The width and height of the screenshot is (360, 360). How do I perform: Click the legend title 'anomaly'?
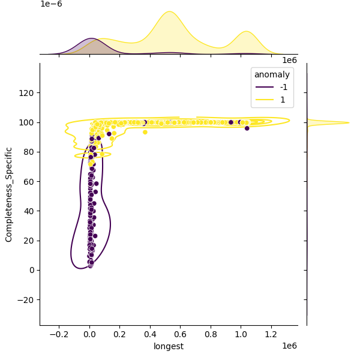pos(272,75)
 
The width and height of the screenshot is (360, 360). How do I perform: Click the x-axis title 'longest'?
pos(169,346)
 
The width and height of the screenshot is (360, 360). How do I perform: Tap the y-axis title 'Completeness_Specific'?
pos(9,194)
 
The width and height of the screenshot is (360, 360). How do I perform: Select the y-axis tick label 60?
pos(29,181)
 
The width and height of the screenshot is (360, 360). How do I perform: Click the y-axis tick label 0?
pos(31,270)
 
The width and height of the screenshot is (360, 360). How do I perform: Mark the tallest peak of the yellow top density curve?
pos(170,11)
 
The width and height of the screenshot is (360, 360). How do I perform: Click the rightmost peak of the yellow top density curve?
pos(245,31)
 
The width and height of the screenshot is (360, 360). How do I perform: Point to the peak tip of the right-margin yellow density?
pos(349,123)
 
